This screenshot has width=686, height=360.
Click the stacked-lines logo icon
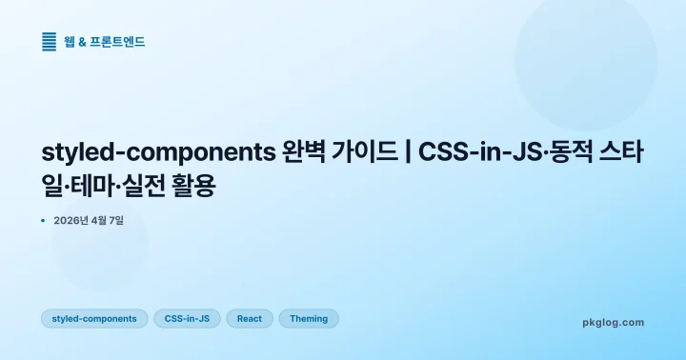pyautogui.click(x=50, y=41)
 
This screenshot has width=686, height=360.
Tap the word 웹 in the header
pyautogui.click(x=71, y=41)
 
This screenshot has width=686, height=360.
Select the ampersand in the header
pyautogui.click(x=83, y=41)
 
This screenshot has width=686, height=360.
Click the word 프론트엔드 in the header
pyautogui.click(x=117, y=41)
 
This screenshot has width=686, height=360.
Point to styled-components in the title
pyautogui.click(x=158, y=152)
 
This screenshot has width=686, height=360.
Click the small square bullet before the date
pyautogui.click(x=44, y=220)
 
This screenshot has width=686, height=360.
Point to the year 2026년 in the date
pyautogui.click(x=72, y=220)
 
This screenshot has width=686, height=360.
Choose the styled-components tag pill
pyautogui.click(x=94, y=319)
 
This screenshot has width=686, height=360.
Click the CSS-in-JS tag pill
pyautogui.click(x=187, y=319)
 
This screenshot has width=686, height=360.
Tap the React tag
pyautogui.click(x=250, y=319)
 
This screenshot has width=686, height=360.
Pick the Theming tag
pyautogui.click(x=309, y=319)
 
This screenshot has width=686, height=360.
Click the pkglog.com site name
pyautogui.click(x=613, y=322)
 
